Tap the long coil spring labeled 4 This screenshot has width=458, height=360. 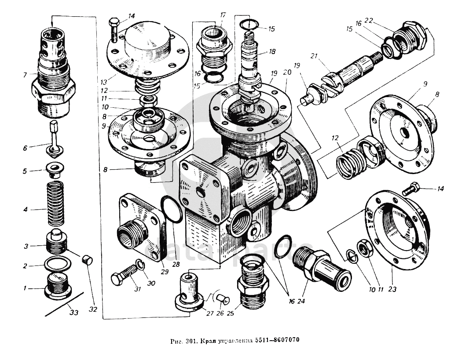tap(55, 203)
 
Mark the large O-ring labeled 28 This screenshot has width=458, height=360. tap(171, 209)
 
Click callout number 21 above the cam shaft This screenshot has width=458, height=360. tap(313, 56)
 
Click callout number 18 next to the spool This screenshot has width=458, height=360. tap(272, 51)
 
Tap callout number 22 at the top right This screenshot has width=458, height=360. tap(369, 21)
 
